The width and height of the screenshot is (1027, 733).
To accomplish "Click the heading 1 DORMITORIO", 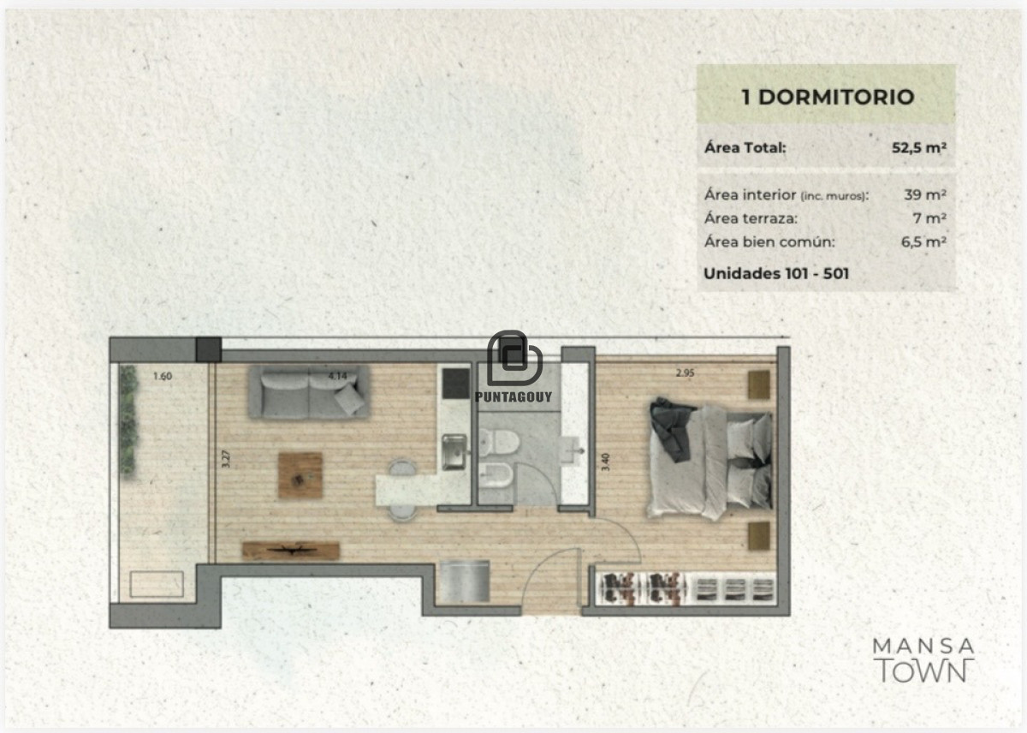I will click(x=827, y=97).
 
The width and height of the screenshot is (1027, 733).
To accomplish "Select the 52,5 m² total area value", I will click(x=918, y=147).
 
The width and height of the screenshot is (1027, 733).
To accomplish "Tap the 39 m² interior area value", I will click(x=924, y=194).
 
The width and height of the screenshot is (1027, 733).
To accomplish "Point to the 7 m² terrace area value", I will click(x=929, y=218).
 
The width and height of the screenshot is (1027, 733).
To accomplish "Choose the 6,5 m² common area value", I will click(x=923, y=241).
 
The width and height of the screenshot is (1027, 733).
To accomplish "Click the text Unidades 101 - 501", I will click(x=776, y=274).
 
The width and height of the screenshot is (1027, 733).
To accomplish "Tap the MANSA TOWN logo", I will click(x=923, y=659).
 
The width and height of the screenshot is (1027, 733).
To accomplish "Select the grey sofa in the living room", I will click(x=309, y=393).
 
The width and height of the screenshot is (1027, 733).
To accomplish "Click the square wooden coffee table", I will click(x=300, y=475).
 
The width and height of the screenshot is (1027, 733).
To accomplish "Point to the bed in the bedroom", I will click(x=710, y=460).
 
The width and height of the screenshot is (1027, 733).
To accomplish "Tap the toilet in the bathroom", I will click(x=499, y=443).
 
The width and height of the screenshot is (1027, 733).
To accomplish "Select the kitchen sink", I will click(x=454, y=450).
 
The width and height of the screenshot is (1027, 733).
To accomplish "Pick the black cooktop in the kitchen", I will click(x=455, y=383).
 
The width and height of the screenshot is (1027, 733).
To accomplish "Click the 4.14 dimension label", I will click(x=336, y=375).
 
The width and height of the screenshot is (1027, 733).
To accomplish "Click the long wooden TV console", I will click(x=290, y=551).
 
